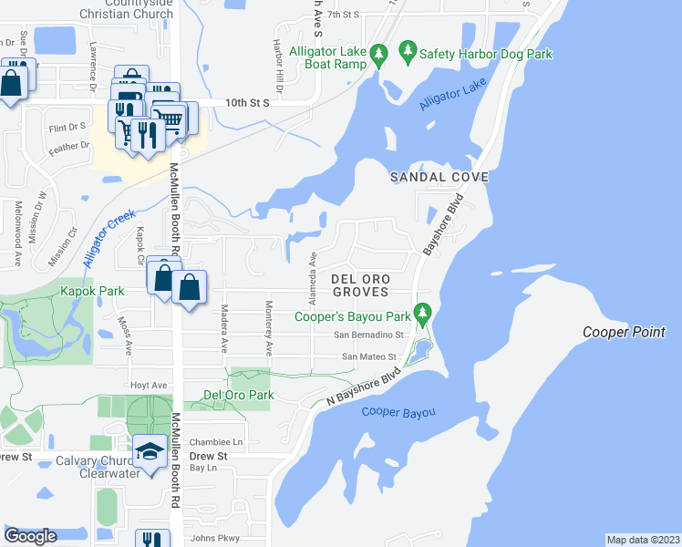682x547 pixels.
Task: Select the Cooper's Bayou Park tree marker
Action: [x=421, y=315]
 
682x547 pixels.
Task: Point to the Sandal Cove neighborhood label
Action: [x=439, y=176]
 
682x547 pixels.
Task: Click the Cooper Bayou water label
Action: [x=398, y=413]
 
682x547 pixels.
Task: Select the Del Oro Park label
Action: [x=226, y=396]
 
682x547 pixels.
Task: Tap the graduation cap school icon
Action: [x=149, y=450]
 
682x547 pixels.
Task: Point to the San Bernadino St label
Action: [x=375, y=335]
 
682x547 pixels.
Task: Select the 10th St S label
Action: [x=247, y=104]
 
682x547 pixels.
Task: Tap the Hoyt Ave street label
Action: [x=149, y=386]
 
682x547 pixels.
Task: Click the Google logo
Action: [x=30, y=536]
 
